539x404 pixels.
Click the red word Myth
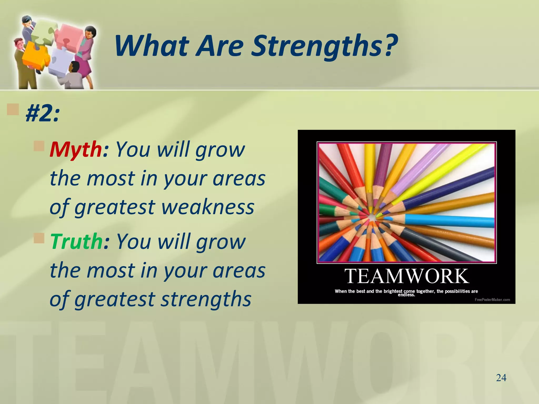75,149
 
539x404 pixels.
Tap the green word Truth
76,241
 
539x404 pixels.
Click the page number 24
501,378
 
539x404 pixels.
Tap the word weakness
208,207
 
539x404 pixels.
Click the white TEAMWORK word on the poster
407,276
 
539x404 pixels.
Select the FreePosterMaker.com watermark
492,300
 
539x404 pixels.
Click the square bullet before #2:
13,109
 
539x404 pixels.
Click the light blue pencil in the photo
447,220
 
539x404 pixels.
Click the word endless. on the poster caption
406,295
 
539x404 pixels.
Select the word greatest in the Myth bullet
116,207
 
